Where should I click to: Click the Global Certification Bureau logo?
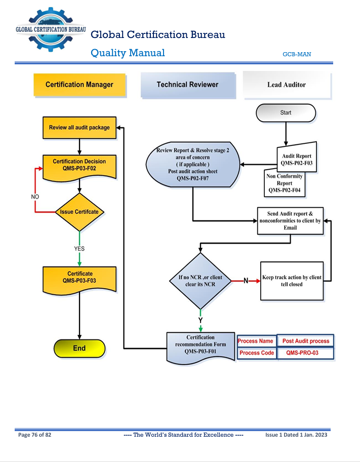coord(51,29)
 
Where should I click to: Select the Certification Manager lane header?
coord(79,85)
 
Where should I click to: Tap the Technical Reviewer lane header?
coord(187,85)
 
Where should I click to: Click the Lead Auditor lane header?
coord(287,85)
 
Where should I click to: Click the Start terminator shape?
coord(286,113)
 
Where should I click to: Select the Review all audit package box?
coord(79,128)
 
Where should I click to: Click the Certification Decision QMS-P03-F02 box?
coord(79,165)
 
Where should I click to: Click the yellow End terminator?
coord(79,349)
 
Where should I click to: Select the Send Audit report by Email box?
coord(290,220)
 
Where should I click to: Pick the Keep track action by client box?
coord(292,281)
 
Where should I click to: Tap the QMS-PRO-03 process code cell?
coord(305,353)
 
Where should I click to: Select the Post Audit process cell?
coord(305,341)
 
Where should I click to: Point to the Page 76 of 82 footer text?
coord(34,435)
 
